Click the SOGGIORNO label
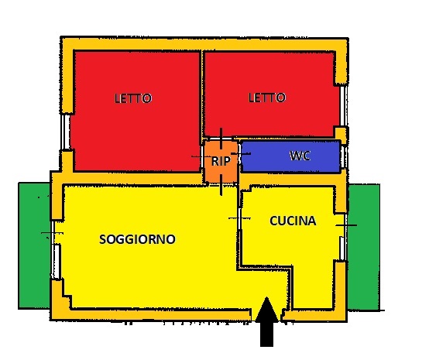coord(137,239)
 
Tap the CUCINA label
coord(293,221)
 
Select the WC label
coord(300,156)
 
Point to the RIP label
coord(221,161)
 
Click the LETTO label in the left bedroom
coord(133,98)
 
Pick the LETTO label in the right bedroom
coord(267,98)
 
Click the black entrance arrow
coord(266,322)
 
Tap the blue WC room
coord(290,156)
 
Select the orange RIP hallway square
coord(221,161)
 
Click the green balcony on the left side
coord(34,246)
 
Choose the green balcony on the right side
coord(364,247)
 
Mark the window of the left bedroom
coord(65,132)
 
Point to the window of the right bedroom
coord(343,106)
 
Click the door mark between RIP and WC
coord(241,154)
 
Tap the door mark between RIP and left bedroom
coord(201,156)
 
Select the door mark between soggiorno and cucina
coord(239,218)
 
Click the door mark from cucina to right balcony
coord(346,225)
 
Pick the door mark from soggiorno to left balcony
coord(52,233)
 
